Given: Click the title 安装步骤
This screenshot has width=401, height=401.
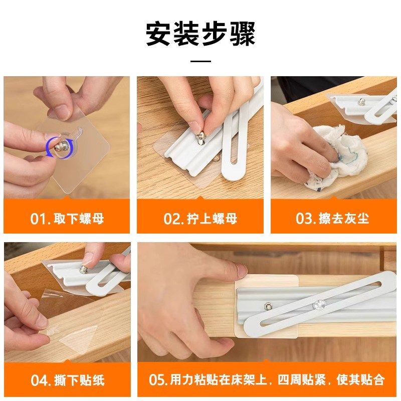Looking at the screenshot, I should [x=200, y=34].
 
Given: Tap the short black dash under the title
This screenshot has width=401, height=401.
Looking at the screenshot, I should [x=201, y=61].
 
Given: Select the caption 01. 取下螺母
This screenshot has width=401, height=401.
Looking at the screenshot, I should [x=67, y=219].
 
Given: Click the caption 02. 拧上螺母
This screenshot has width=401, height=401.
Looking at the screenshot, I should [x=200, y=219].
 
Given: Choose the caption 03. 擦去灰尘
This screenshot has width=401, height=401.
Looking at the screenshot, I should [x=333, y=219].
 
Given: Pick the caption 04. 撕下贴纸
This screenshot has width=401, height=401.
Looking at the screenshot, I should [x=67, y=380].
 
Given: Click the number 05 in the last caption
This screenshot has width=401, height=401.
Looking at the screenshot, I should [x=157, y=380].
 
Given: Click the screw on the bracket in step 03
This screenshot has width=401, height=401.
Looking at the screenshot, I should [x=360, y=102].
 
